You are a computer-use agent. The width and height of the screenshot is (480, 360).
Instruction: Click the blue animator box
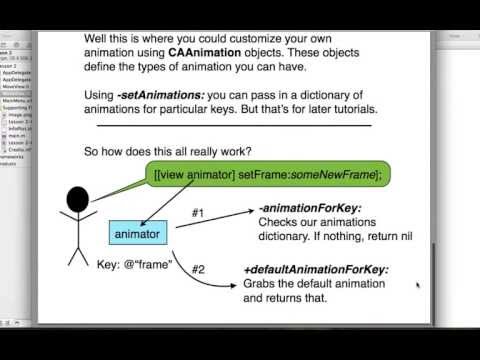(x=142, y=233)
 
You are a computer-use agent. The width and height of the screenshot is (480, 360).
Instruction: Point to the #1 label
(x=198, y=213)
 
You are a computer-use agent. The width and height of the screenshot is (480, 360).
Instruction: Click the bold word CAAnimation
(x=217, y=50)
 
